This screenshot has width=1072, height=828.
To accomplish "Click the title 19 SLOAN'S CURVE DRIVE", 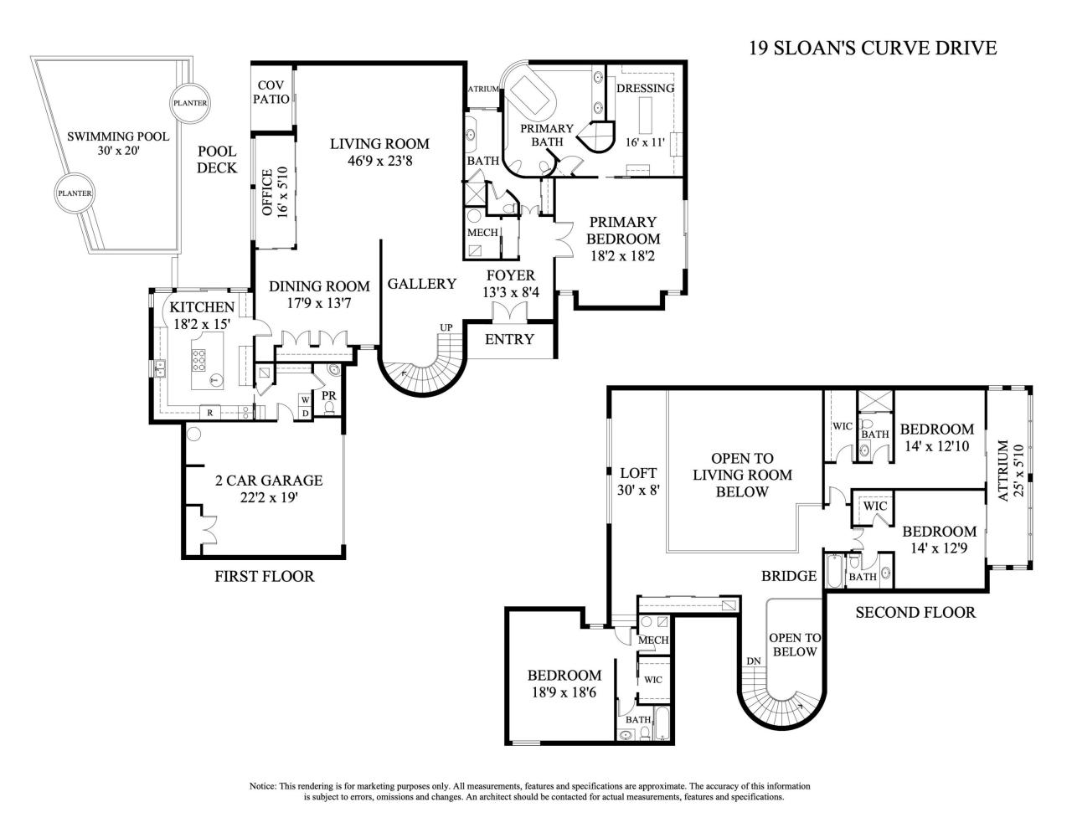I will (x=873, y=48).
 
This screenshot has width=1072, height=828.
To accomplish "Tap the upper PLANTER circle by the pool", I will (x=189, y=103).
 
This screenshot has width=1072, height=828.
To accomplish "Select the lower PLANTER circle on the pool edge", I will (x=74, y=193).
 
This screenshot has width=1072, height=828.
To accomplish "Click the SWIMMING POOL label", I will (x=118, y=136).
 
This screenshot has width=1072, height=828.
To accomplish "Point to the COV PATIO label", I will (x=273, y=92).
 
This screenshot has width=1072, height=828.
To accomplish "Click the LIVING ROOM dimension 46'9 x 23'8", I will (x=379, y=160).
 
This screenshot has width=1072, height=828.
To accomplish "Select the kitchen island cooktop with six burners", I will (x=199, y=360).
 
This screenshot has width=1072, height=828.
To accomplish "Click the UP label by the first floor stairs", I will (x=446, y=327).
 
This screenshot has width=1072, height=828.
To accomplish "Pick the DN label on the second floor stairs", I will (x=754, y=661).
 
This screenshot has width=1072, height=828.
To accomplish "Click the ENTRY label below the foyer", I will (x=509, y=339).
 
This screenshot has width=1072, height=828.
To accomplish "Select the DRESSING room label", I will (x=644, y=89).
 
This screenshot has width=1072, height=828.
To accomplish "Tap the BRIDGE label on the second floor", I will (x=789, y=576).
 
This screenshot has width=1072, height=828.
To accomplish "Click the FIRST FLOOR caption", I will (x=265, y=576).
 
